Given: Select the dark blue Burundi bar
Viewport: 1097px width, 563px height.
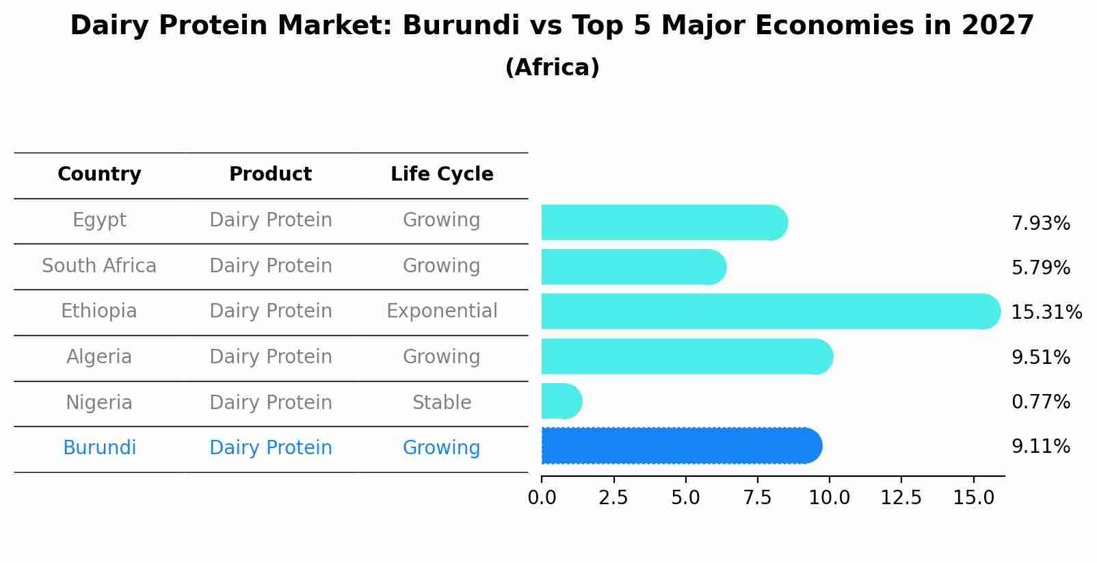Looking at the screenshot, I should tap(680, 446).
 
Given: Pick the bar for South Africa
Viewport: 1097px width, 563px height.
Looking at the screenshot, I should tap(633, 267).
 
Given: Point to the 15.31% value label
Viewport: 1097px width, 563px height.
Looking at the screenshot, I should tap(1046, 313).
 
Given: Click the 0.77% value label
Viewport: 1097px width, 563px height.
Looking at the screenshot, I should tap(1040, 402).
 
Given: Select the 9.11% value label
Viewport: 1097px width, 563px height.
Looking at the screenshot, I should tap(1040, 447).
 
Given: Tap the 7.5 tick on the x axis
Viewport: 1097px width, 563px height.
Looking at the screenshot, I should tap(757, 498).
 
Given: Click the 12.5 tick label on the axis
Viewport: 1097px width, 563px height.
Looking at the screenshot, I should tap(901, 498).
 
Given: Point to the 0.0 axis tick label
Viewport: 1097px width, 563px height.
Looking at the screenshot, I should tap(542, 498).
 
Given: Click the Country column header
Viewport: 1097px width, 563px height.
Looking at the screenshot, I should tap(99, 174).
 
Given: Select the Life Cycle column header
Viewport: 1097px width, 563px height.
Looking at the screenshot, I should tap(442, 174).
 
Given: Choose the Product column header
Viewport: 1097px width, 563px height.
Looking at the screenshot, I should tap(270, 174).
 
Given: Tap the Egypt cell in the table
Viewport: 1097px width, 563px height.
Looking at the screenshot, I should tap(99, 220).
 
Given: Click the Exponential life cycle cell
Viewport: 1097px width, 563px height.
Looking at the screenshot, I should tap(442, 311).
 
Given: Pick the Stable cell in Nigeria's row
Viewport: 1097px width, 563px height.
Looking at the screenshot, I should tap(442, 403).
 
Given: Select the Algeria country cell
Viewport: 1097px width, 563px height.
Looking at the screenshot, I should tap(99, 357).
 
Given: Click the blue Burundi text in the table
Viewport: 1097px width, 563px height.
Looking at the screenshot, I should tap(99, 448).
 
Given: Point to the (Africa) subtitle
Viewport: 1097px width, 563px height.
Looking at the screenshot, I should tap(552, 68).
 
